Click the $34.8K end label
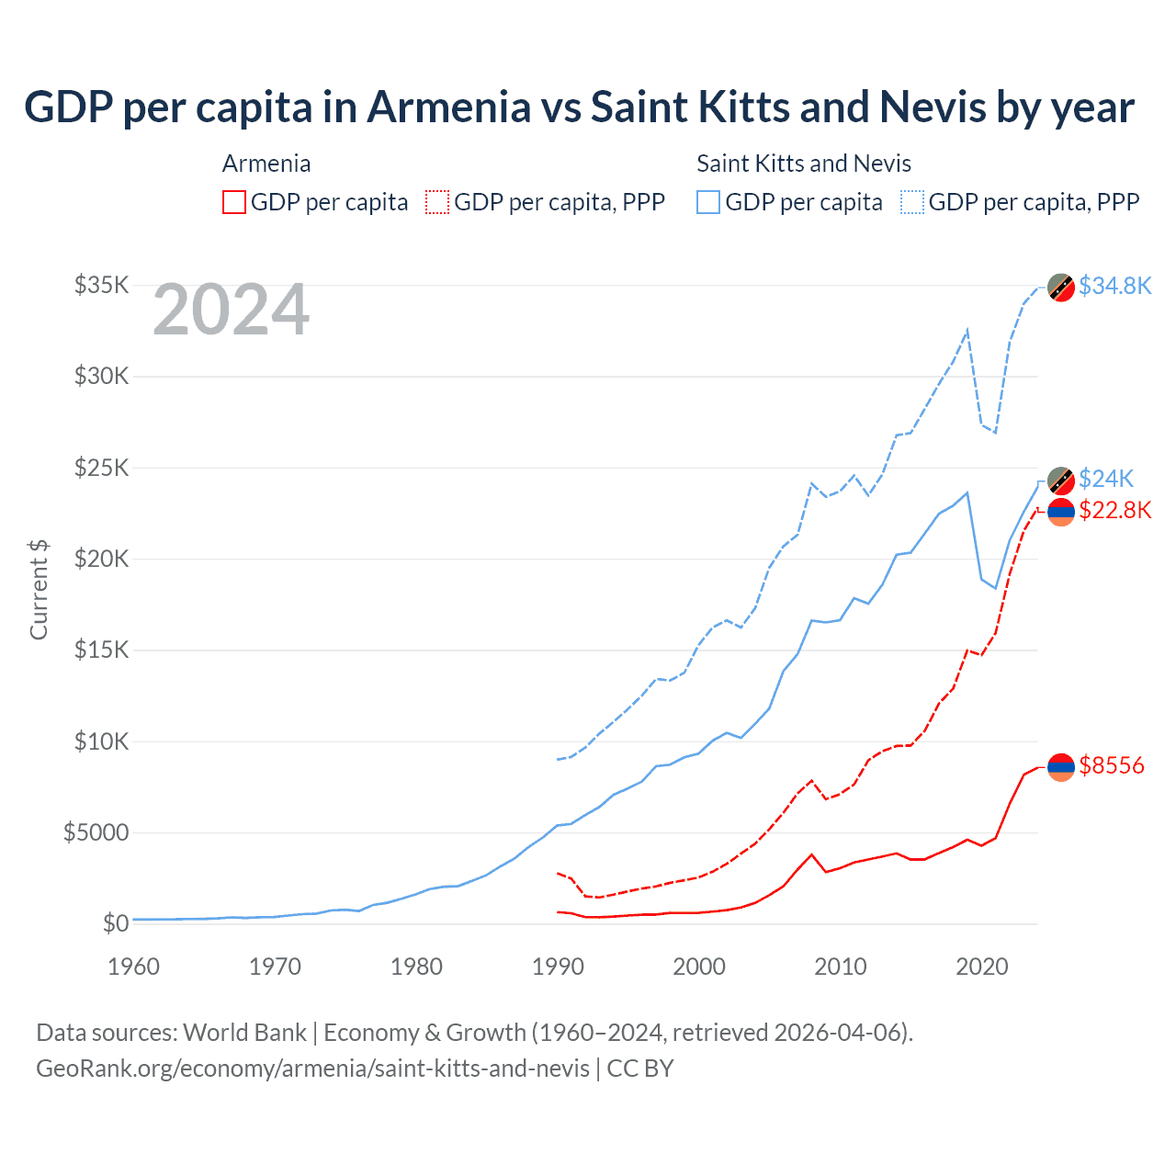coord(1114,286)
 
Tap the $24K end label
coord(1106,479)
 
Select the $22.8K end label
coord(1114,510)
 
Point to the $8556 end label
coord(1112,765)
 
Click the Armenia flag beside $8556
coord(1061,766)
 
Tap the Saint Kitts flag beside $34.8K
coord(1061,288)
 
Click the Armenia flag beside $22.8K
coord(1061,512)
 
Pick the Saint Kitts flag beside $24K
coord(1061,481)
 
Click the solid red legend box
coord(234,202)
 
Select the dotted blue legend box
coord(912,202)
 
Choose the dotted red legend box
coord(437,202)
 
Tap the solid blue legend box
coord(708,202)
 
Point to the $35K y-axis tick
coord(101,285)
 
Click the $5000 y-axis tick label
coord(96,832)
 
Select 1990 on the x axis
coord(558,967)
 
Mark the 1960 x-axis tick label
coord(134,967)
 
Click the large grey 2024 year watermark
coord(231,310)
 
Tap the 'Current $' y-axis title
coord(39,590)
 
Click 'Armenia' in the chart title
coord(449,107)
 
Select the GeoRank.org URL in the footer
coord(312,1069)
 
